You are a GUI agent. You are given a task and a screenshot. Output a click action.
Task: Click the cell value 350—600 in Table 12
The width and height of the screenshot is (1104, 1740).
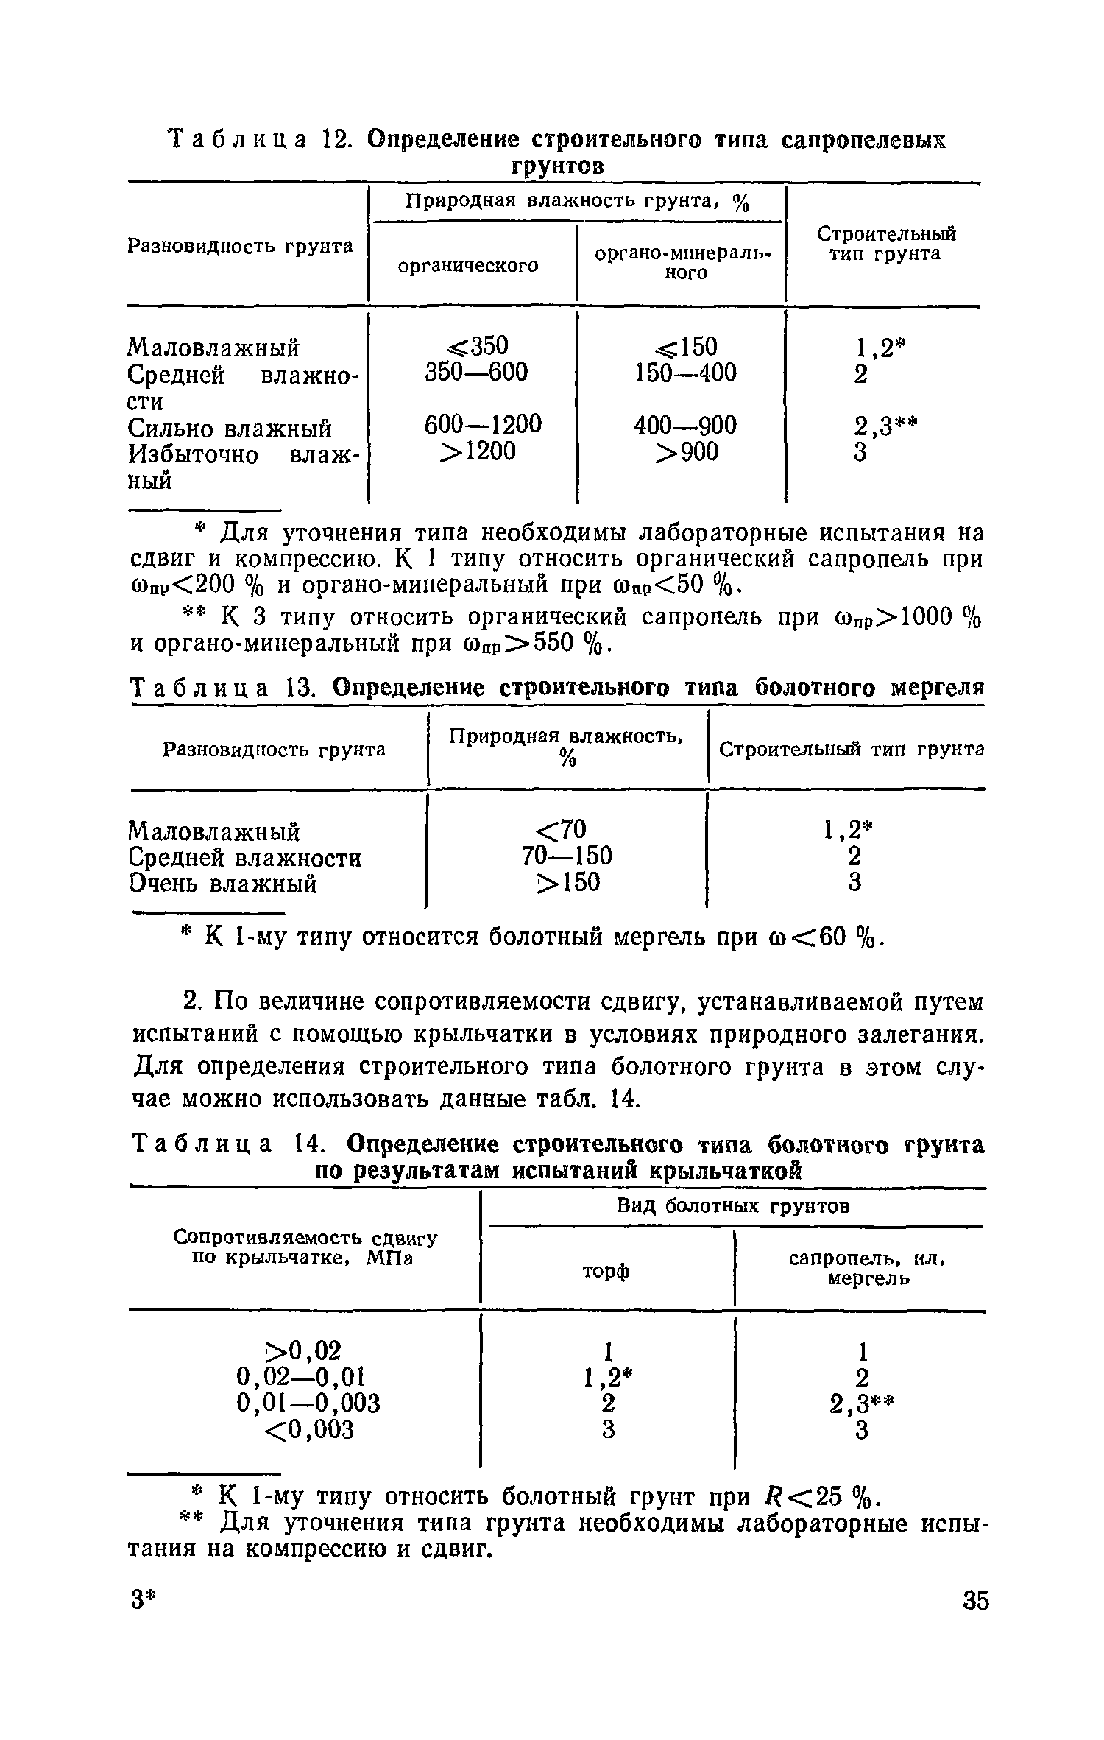point(476,373)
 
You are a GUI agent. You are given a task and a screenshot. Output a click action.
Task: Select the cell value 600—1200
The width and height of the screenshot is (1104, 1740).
point(483,424)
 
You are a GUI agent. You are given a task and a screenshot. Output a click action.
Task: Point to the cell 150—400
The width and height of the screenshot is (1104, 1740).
point(685,373)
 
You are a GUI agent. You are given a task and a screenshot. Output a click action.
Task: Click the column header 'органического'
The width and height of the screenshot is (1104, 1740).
point(468,265)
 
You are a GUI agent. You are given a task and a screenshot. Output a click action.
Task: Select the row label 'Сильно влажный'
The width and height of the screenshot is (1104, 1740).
point(230,428)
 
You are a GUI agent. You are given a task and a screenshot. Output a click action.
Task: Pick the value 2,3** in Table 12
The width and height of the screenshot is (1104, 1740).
point(885,425)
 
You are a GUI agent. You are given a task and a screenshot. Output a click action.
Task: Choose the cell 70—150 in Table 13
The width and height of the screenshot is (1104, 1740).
point(566,856)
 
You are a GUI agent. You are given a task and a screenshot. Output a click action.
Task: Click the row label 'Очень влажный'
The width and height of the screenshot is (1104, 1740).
point(223,883)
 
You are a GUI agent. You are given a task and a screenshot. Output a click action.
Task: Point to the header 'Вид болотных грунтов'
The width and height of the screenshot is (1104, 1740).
point(732,1206)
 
